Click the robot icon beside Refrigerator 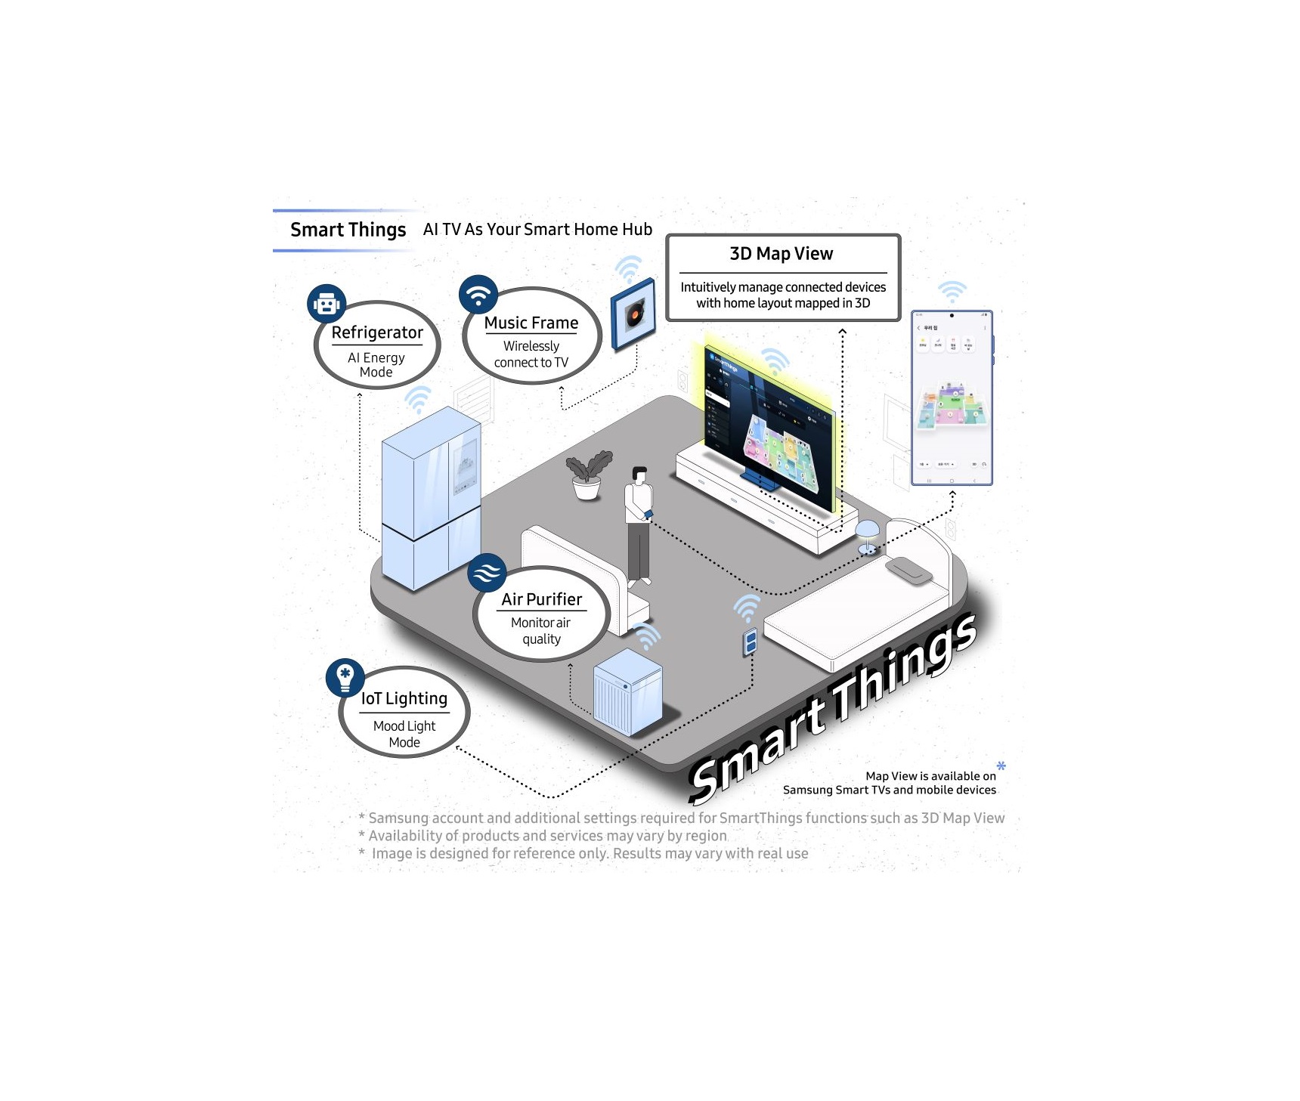(327, 304)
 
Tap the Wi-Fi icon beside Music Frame (478, 294)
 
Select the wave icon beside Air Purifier (487, 572)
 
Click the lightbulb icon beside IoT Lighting (345, 677)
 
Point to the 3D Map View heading (782, 254)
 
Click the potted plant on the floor (587, 477)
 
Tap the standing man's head (639, 475)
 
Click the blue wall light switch (751, 642)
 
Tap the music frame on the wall (633, 314)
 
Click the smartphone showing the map (952, 397)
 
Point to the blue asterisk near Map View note (1001, 766)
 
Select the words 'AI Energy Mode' (376, 365)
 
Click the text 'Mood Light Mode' (404, 734)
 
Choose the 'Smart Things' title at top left (348, 230)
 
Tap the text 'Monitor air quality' (541, 630)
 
